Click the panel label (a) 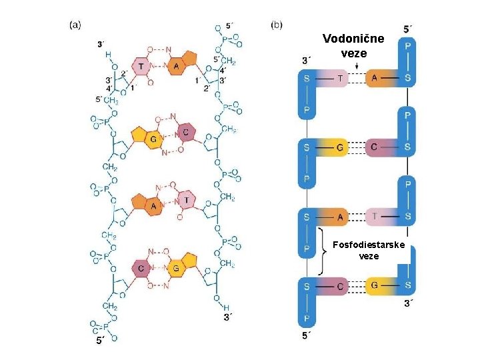tap(76, 25)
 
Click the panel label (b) tap(277, 25)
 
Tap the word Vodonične tap(353, 39)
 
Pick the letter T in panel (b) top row tap(341, 79)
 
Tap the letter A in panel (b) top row tap(375, 79)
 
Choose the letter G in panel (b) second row tap(341, 147)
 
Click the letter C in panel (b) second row tap(375, 147)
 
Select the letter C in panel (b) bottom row tap(341, 286)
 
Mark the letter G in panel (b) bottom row tap(375, 286)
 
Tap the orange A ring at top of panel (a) tap(176, 66)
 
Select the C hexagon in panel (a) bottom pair tap(142, 269)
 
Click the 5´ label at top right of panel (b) tap(409, 29)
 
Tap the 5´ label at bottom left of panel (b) tap(306, 335)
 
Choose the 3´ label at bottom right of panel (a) tap(229, 317)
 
